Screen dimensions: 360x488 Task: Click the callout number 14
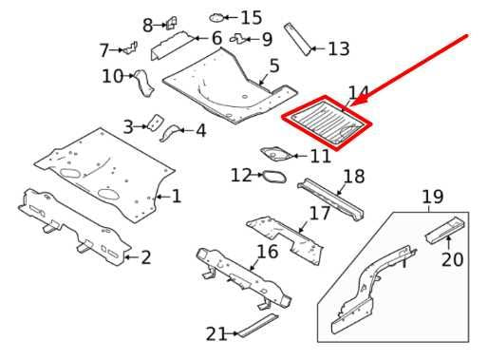pos(358,93)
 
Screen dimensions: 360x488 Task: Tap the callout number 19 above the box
pos(433,198)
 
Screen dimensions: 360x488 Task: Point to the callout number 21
pos(216,333)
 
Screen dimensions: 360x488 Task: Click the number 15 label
pos(251,18)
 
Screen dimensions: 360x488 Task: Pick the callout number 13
pos(338,48)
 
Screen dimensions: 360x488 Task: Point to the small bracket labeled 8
pos(173,24)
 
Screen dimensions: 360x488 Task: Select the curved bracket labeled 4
pos(175,132)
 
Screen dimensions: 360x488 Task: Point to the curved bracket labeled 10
pos(144,80)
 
